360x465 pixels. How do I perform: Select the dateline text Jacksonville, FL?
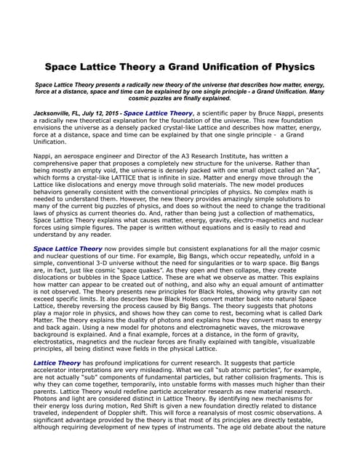[x=58, y=114]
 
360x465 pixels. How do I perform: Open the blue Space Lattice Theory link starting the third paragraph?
[x=68, y=248]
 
